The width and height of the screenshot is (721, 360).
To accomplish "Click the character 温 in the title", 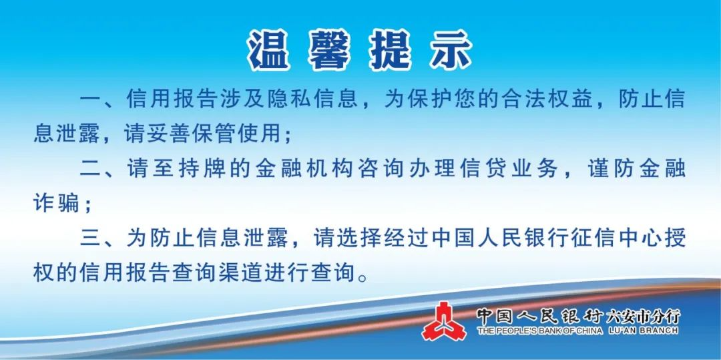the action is pyautogui.click(x=269, y=50).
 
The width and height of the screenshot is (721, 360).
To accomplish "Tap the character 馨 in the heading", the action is pyautogui.click(x=328, y=50).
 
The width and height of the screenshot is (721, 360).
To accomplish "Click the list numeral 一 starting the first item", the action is pyautogui.click(x=91, y=100).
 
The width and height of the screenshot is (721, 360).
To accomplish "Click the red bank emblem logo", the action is pyautogui.click(x=443, y=321).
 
